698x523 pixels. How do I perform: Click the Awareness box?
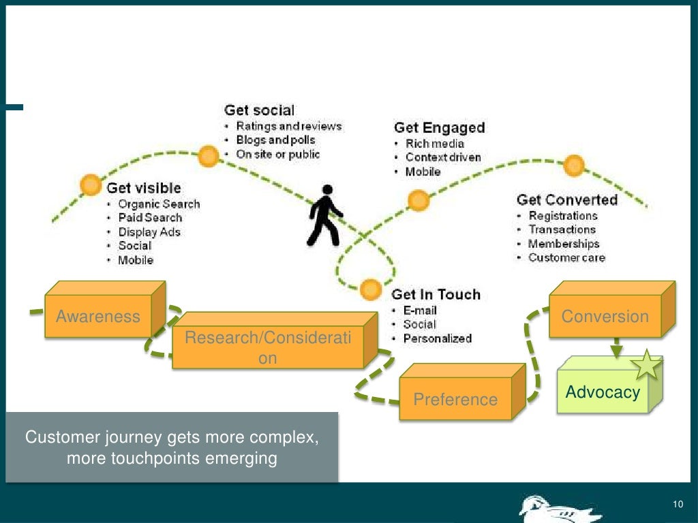click(98, 316)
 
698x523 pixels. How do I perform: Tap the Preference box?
click(455, 399)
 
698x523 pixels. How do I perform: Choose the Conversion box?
click(605, 317)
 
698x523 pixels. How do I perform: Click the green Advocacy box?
click(603, 392)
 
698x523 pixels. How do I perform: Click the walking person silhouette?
click(324, 215)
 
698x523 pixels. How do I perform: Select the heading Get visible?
click(144, 187)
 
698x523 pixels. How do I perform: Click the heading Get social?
click(259, 110)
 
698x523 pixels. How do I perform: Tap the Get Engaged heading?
click(439, 128)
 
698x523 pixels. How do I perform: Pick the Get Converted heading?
click(566, 200)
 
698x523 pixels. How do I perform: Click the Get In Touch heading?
click(436, 294)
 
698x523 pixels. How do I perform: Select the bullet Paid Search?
click(150, 218)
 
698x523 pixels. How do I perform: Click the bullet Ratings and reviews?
click(288, 126)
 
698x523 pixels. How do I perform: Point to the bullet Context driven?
click(442, 157)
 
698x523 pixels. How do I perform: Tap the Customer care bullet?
click(566, 257)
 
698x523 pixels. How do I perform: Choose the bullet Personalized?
click(437, 338)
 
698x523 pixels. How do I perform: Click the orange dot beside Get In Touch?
click(370, 289)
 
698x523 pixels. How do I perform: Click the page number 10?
click(677, 504)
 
